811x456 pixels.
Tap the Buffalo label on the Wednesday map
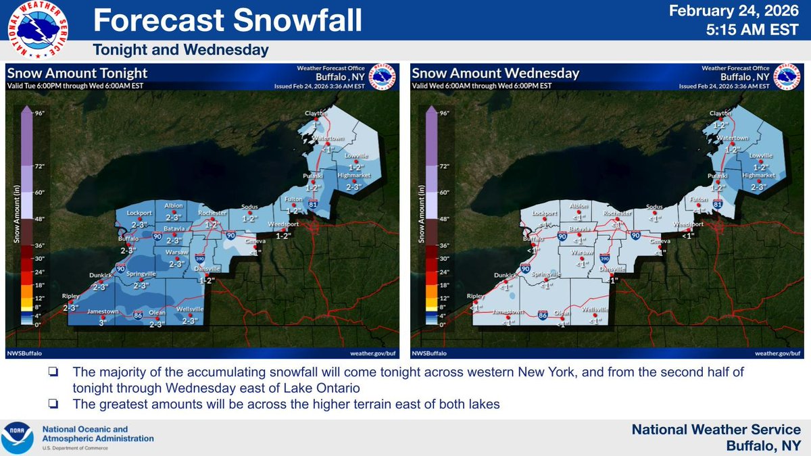[533, 238]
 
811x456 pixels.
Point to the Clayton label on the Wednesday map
[721, 113]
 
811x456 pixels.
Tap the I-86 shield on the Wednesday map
[543, 315]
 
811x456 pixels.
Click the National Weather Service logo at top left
[36, 29]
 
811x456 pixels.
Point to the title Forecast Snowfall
[227, 22]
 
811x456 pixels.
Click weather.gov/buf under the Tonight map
[372, 353]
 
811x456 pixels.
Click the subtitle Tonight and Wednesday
[180, 50]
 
